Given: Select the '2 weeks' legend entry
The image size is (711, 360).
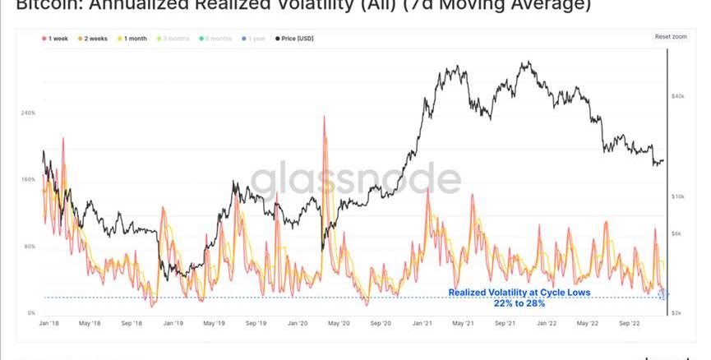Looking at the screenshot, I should pos(95,38).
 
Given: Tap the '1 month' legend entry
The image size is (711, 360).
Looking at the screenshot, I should pos(134,38).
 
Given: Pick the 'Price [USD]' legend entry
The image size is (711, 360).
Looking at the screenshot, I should pos(297,38).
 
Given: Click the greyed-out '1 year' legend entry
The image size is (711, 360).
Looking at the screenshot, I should pos(255,38).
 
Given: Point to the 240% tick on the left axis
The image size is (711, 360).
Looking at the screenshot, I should pos(27,113).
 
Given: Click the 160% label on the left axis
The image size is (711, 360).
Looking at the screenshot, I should pos(27,179).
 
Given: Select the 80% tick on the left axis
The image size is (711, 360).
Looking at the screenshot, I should pos(29,247).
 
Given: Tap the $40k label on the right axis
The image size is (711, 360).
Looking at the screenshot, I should pos(678,96).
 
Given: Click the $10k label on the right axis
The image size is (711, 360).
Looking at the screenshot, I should pos(678,196).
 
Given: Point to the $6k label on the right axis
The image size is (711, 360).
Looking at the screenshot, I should pos(676,233).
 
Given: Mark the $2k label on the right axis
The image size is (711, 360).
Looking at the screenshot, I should pos(676,313).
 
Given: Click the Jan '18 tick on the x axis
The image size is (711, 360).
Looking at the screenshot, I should pos(49,324).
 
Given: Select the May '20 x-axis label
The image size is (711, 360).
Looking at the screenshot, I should pos(339,324).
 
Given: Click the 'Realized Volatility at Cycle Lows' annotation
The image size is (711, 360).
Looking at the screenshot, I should pos(519,292).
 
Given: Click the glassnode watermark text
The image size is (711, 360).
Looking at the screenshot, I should pos(356,180).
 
